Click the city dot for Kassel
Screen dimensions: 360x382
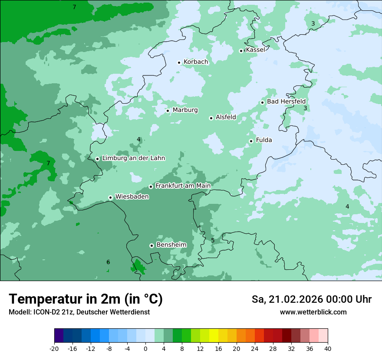click(241, 51)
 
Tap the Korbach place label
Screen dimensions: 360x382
click(196, 62)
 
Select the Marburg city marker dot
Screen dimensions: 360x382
click(168, 111)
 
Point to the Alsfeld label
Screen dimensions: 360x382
click(226, 117)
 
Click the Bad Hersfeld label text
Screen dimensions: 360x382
click(286, 101)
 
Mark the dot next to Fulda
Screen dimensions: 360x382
click(251, 141)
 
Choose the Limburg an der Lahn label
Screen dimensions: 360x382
click(133, 158)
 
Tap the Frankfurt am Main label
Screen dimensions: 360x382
click(183, 186)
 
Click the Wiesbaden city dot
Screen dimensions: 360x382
click(110, 197)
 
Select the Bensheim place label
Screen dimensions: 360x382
click(171, 245)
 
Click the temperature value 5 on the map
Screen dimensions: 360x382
click(213, 240)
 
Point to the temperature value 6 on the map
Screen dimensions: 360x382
click(108, 262)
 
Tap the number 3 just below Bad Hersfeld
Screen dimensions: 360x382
click(305, 108)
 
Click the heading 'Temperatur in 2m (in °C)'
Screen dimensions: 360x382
click(86, 299)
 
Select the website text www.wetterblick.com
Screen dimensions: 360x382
click(313, 312)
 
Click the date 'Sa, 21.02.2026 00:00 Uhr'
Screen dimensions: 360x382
click(311, 299)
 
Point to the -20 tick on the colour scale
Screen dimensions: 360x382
click(54, 349)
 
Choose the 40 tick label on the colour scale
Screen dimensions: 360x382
click(328, 349)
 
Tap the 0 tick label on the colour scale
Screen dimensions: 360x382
click(145, 349)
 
